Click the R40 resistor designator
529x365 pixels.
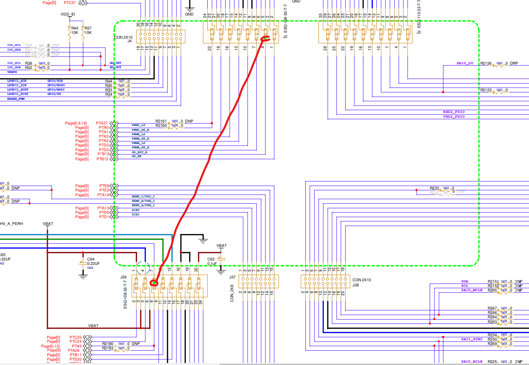[x=75, y=28]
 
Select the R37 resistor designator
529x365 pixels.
[x=88, y=28]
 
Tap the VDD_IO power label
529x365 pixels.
[x=68, y=14]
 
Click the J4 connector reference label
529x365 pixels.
[x=129, y=41]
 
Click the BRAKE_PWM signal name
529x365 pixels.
[x=16, y=99]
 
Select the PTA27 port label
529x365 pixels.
[x=102, y=123]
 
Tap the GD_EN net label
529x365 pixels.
[x=137, y=156]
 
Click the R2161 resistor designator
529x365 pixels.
[x=161, y=121]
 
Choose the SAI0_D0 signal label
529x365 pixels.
[x=465, y=63]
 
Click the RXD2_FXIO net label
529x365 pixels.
[x=454, y=112]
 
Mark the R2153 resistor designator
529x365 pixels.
[x=486, y=90]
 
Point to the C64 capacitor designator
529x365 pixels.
[x=91, y=259]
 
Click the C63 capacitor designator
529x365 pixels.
[x=211, y=259]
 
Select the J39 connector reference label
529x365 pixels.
[x=123, y=277]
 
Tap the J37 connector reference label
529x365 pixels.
[x=232, y=277]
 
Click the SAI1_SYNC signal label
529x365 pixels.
[x=472, y=339]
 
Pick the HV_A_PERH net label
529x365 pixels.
[x=12, y=224]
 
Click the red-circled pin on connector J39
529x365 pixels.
[x=154, y=284]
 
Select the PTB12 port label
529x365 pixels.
[x=102, y=159]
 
